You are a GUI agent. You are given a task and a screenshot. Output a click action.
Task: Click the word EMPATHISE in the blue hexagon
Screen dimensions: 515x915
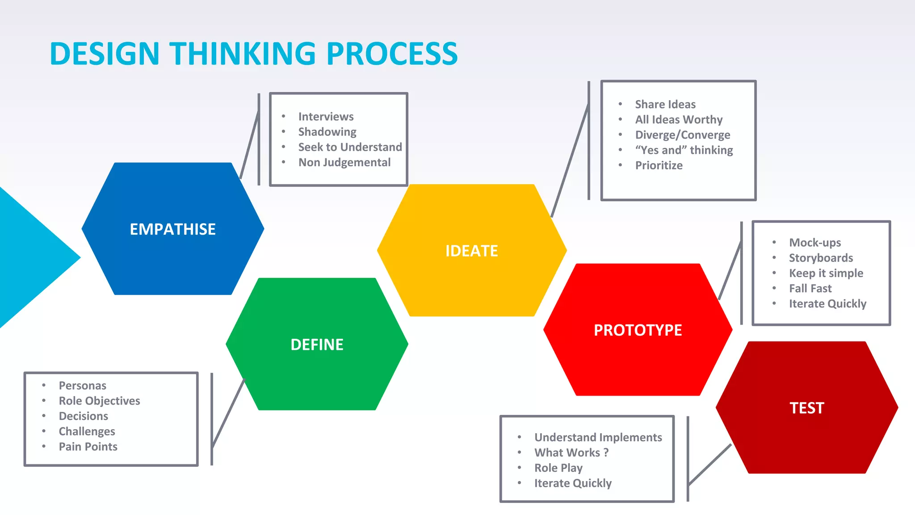point(172,229)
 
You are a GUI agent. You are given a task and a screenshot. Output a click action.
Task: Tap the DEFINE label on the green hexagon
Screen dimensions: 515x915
point(317,345)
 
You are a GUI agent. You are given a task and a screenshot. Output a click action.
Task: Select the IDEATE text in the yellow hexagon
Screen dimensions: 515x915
point(471,251)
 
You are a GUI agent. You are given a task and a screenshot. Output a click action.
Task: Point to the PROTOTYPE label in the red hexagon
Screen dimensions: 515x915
point(638,330)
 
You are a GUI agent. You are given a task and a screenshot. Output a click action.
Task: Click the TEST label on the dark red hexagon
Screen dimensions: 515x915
point(806,408)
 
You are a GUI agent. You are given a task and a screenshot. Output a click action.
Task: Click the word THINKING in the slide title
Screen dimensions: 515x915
point(242,54)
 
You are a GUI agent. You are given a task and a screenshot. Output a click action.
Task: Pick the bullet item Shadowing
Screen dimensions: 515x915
point(327,132)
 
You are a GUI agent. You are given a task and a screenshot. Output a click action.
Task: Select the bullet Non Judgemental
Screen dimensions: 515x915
point(344,162)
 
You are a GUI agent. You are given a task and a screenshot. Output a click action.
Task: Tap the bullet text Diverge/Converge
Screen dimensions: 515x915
point(682,135)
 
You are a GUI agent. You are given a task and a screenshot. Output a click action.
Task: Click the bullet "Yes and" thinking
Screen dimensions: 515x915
point(684,150)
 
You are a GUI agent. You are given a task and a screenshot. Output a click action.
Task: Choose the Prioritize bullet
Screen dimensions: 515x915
point(659,165)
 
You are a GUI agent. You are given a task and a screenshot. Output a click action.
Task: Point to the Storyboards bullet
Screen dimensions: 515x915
point(821,258)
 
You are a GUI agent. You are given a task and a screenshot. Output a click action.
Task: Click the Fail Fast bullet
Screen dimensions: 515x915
point(810,288)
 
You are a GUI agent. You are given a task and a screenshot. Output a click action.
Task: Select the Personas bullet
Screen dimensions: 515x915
point(82,385)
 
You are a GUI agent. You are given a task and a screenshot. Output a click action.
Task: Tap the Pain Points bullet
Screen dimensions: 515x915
point(88,447)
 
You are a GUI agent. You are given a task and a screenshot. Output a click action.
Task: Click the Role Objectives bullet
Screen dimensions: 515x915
point(99,401)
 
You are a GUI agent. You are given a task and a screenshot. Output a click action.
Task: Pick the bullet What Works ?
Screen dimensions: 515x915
point(571,453)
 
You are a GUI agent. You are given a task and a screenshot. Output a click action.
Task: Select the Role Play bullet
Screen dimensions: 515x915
point(558,468)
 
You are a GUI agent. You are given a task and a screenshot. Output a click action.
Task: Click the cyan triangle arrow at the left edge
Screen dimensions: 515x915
point(31,257)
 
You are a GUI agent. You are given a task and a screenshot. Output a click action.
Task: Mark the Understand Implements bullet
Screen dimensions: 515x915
point(598,438)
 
